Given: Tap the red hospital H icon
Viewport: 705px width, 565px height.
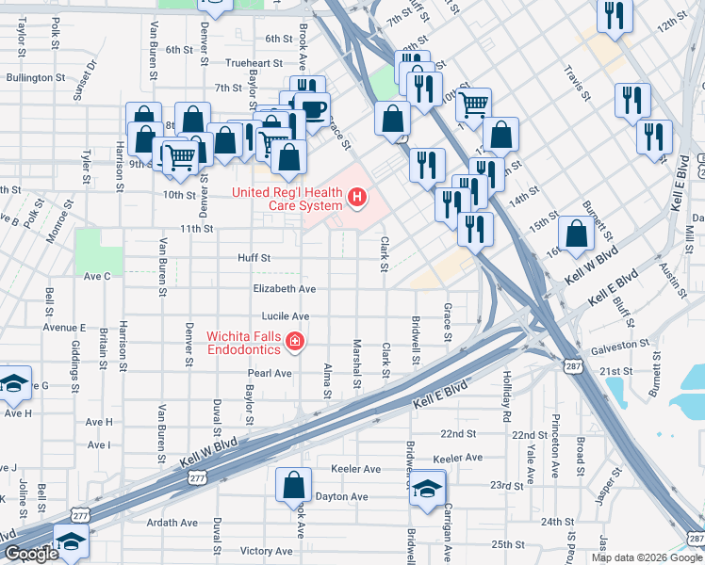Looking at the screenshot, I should (357, 197).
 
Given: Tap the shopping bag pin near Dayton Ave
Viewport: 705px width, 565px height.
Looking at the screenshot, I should (293, 485).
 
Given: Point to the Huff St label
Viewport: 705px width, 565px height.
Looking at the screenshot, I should (254, 257).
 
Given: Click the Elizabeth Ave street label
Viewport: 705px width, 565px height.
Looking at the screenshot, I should (284, 289).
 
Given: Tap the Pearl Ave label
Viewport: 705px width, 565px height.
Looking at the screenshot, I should (270, 373).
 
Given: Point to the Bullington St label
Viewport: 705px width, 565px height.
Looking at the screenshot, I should (34, 78).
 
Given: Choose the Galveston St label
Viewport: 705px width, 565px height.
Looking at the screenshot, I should (620, 347).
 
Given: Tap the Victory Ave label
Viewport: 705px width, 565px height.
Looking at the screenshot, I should (267, 550).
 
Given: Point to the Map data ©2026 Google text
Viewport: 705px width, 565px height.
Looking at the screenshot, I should (647, 557).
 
